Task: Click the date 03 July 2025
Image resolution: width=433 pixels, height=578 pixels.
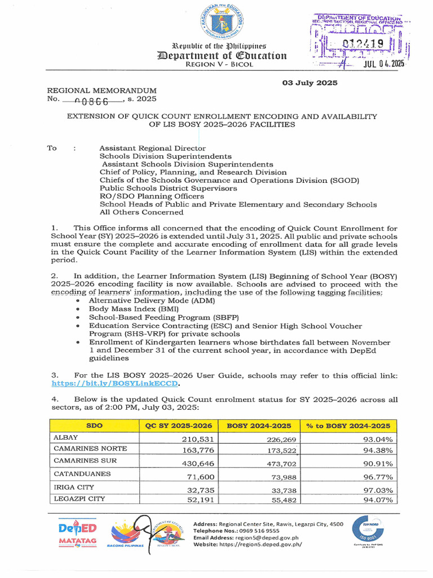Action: pos(310,83)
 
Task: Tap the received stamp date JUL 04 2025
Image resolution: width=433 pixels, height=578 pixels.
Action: pos(376,63)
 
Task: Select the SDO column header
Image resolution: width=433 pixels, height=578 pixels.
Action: pos(94,426)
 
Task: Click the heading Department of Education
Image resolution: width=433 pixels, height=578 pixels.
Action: pos(222,55)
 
